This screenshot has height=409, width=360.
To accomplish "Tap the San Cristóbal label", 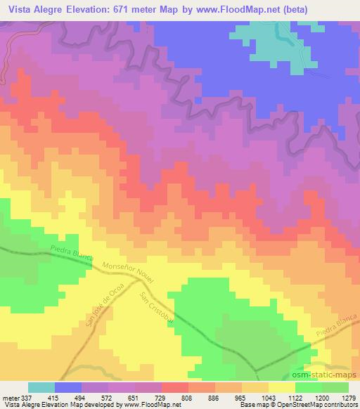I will tap(156, 307).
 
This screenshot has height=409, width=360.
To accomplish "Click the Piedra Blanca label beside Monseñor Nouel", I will tap(72, 252).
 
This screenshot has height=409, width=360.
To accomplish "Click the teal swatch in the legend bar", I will tap(41, 387).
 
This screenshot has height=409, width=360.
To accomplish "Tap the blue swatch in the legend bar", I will tap(69, 387).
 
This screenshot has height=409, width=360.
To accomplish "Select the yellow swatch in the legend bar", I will tap(281, 387).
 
